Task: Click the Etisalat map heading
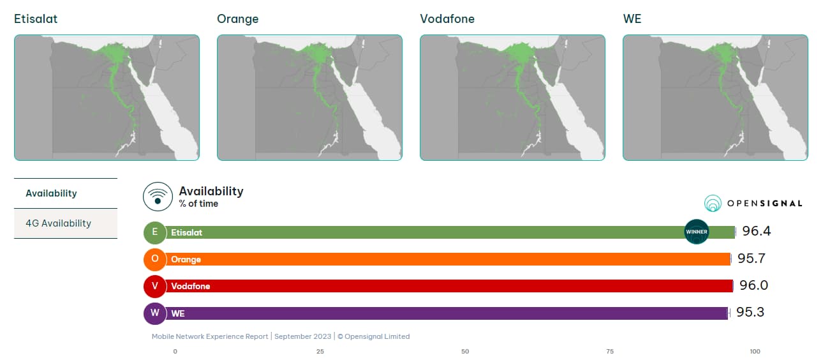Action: tap(36, 19)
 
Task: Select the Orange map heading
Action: tap(237, 19)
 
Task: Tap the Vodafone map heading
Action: tap(447, 19)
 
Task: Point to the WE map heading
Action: tap(632, 19)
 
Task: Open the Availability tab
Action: tap(51, 193)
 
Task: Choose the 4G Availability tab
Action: tap(58, 223)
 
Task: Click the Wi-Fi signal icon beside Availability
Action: tap(158, 197)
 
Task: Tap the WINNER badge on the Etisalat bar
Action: tap(696, 232)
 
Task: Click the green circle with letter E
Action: tap(155, 232)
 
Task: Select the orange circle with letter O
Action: tap(155, 259)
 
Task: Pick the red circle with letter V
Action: tap(155, 286)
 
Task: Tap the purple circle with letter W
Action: tap(155, 313)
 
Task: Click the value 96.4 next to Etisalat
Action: tap(756, 232)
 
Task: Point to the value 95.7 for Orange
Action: tap(751, 259)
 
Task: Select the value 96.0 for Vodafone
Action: tap(753, 285)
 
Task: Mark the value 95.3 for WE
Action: tap(750, 312)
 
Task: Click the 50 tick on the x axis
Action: tap(465, 352)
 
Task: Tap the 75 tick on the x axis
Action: tap(610, 352)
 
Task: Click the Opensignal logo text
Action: tap(764, 204)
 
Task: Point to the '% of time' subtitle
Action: tap(198, 204)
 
